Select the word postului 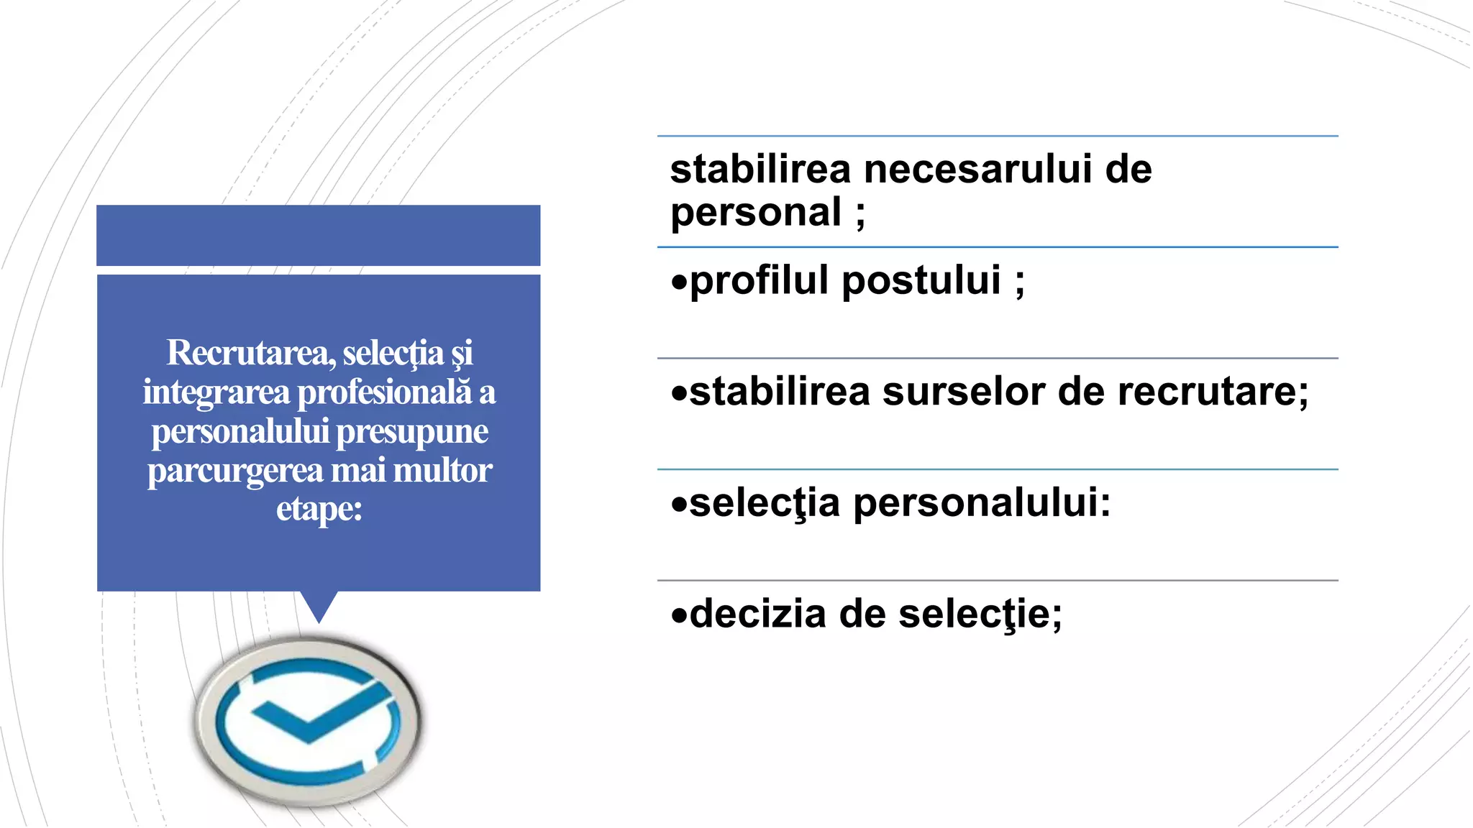pyautogui.click(x=921, y=280)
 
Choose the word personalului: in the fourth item pyautogui.click(x=982, y=502)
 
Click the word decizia pyautogui.click(x=757, y=614)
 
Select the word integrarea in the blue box pyautogui.click(x=216, y=392)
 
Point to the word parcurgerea pyautogui.click(x=235, y=471)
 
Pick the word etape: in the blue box pyautogui.click(x=319, y=509)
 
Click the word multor pyautogui.click(x=442, y=471)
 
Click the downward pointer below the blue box pyautogui.click(x=319, y=606)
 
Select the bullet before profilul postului pyautogui.click(x=679, y=282)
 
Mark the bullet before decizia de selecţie pyautogui.click(x=679, y=615)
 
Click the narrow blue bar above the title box pyautogui.click(x=319, y=235)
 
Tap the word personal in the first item pyautogui.click(x=755, y=213)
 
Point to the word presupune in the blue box pyautogui.click(x=412, y=432)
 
